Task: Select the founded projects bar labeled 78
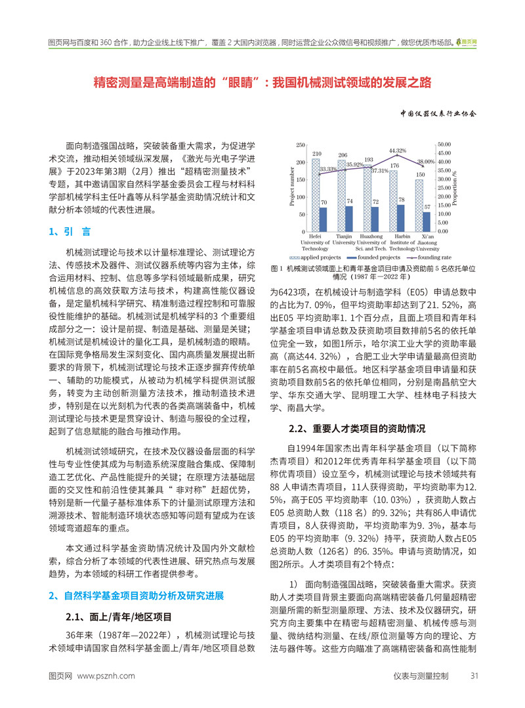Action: coord(402,218)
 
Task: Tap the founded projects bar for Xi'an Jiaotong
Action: coord(427,221)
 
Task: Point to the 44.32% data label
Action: coord(397,150)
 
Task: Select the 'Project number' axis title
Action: coord(291,188)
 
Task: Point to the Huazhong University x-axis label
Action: coord(371,242)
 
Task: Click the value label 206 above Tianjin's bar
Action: coord(342,155)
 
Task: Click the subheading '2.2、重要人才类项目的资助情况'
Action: coord(358,430)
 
